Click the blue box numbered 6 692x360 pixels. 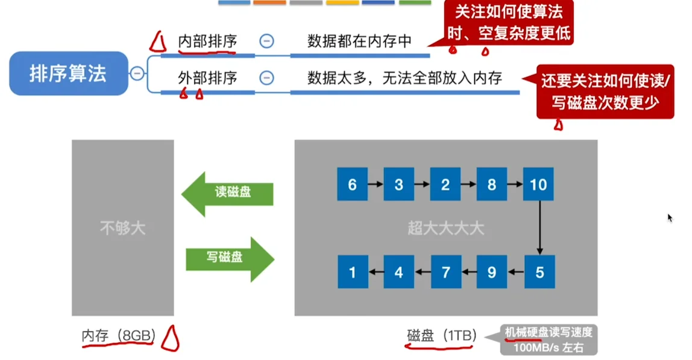[353, 185]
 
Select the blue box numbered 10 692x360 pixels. [538, 185]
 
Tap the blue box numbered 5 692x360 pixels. [539, 272]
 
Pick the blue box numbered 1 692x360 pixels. [353, 272]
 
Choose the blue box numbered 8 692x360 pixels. [492, 185]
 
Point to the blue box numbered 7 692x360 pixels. [445, 272]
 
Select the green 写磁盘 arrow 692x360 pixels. [229, 257]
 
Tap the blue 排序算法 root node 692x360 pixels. [69, 74]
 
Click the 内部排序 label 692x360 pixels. [207, 41]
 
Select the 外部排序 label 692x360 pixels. [207, 78]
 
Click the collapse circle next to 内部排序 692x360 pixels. [266, 41]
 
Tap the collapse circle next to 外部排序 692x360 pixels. [266, 78]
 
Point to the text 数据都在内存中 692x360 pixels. [359, 41]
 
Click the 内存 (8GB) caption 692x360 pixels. [118, 336]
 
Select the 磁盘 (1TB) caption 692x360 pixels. [442, 336]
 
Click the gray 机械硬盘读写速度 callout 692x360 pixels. [549, 341]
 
